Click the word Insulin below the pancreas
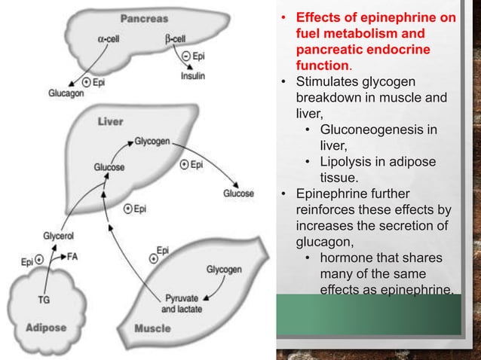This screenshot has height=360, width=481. pyautogui.click(x=192, y=75)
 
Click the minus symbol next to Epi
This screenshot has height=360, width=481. pyautogui.click(x=186, y=56)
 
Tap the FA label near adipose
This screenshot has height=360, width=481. pyautogui.click(x=72, y=257)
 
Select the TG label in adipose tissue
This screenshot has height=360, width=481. pyautogui.click(x=44, y=299)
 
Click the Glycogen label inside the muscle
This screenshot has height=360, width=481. pyautogui.click(x=223, y=269)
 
